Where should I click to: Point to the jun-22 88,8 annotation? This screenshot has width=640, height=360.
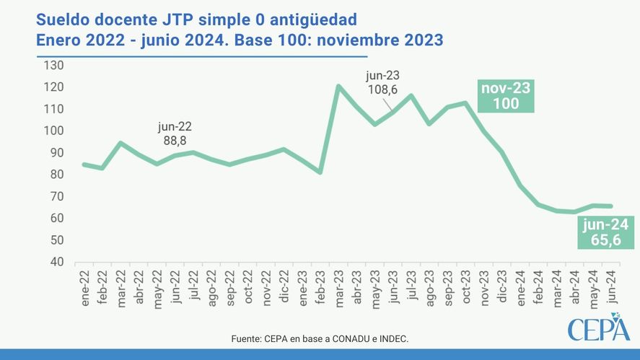175,133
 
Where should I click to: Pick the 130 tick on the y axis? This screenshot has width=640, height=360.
56,66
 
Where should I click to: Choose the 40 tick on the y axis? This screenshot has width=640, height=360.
58,261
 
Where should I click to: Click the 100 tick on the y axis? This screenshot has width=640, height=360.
56,131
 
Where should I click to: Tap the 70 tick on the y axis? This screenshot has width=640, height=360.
58,196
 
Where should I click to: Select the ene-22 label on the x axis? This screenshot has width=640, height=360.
86,286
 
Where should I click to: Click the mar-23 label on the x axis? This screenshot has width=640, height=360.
338,286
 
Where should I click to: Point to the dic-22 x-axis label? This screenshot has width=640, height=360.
284,286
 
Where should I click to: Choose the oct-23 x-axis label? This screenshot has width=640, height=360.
465,286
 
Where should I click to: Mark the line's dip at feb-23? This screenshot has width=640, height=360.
320,172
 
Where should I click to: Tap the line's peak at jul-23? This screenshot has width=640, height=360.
411,95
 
